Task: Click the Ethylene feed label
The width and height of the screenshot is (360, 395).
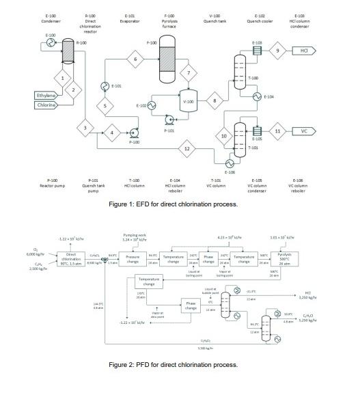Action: pos(46,95)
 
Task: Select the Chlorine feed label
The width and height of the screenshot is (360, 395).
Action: pos(46,105)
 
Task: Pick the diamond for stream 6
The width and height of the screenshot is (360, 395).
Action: pos(135,60)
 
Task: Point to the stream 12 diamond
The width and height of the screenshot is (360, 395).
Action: pos(186,148)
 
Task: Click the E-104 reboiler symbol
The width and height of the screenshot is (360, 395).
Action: pos(258,97)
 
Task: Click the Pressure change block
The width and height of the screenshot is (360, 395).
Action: pos(133,260)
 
